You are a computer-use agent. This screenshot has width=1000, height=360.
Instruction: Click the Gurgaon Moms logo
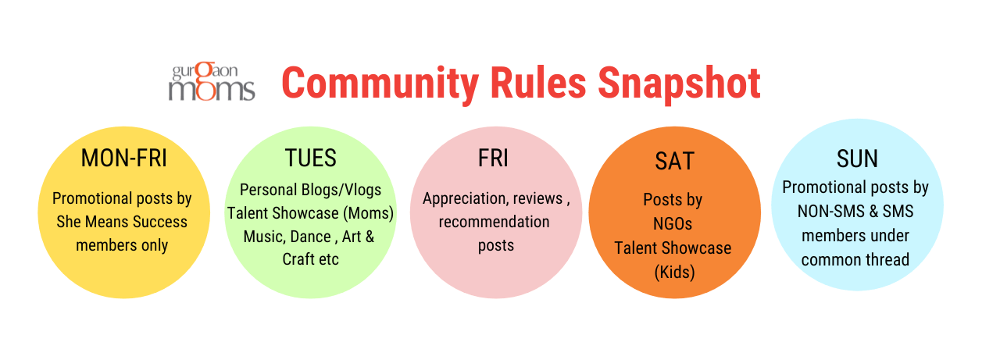tap(212, 81)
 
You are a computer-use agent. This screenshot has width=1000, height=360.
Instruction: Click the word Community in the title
tap(380, 84)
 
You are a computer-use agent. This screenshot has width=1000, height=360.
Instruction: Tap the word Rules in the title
tap(538, 83)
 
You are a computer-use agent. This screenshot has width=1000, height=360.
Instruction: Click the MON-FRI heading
tap(124, 158)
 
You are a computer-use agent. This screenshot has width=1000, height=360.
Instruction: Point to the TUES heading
tap(311, 158)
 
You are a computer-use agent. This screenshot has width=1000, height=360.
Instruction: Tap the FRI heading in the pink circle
tap(493, 158)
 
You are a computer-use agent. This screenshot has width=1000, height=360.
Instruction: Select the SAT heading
tap(674, 161)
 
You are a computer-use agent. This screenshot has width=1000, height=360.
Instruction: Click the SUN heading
tap(857, 159)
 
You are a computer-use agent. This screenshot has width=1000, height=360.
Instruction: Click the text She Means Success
tap(122, 222)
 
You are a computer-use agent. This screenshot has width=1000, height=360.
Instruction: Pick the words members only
tap(122, 245)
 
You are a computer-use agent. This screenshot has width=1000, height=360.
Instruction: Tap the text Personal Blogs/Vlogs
tap(310, 190)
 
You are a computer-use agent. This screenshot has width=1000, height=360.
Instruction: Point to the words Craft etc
tap(311, 259)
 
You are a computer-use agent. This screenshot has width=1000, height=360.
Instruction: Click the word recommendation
tap(495, 222)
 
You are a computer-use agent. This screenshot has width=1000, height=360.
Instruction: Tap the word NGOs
tap(673, 224)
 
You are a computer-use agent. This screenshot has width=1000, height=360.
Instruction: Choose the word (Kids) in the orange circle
tap(674, 272)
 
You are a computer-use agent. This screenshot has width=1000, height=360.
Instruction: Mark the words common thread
tap(855, 259)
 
